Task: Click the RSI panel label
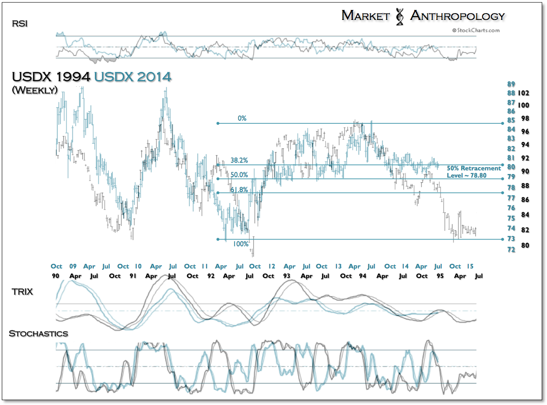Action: tap(20, 24)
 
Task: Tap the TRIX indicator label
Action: tap(22, 292)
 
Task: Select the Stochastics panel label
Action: tap(38, 334)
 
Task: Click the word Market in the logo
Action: tap(366, 16)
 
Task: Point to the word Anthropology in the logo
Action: tap(457, 16)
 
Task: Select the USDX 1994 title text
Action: tap(51, 76)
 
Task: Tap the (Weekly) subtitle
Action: tap(34, 90)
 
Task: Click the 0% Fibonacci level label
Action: tap(242, 118)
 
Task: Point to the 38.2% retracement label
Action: tap(239, 160)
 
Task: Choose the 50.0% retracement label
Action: tap(239, 174)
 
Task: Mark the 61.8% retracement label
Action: tap(239, 190)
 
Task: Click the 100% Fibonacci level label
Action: tap(241, 244)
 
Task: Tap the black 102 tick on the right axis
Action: tap(524, 94)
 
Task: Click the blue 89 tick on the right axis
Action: tap(511, 84)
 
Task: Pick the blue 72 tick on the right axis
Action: tap(511, 250)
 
